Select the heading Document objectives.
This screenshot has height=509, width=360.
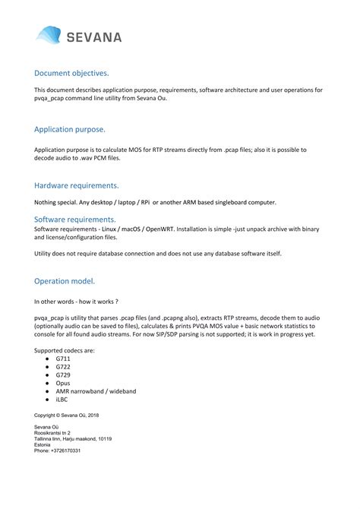71,74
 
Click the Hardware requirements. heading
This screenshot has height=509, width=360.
76,185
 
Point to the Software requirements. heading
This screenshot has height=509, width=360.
74,219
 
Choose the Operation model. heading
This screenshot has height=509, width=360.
65,281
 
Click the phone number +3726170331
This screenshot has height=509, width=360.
58,451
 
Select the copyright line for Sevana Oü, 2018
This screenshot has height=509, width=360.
67,416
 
